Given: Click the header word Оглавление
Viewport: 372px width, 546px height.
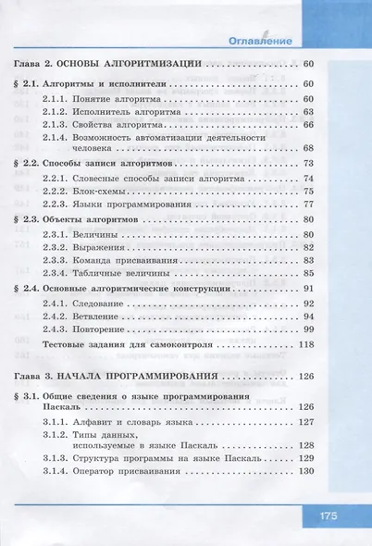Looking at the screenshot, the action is coord(260,41).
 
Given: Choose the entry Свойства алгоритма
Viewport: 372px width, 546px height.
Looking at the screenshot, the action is coord(115,124).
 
